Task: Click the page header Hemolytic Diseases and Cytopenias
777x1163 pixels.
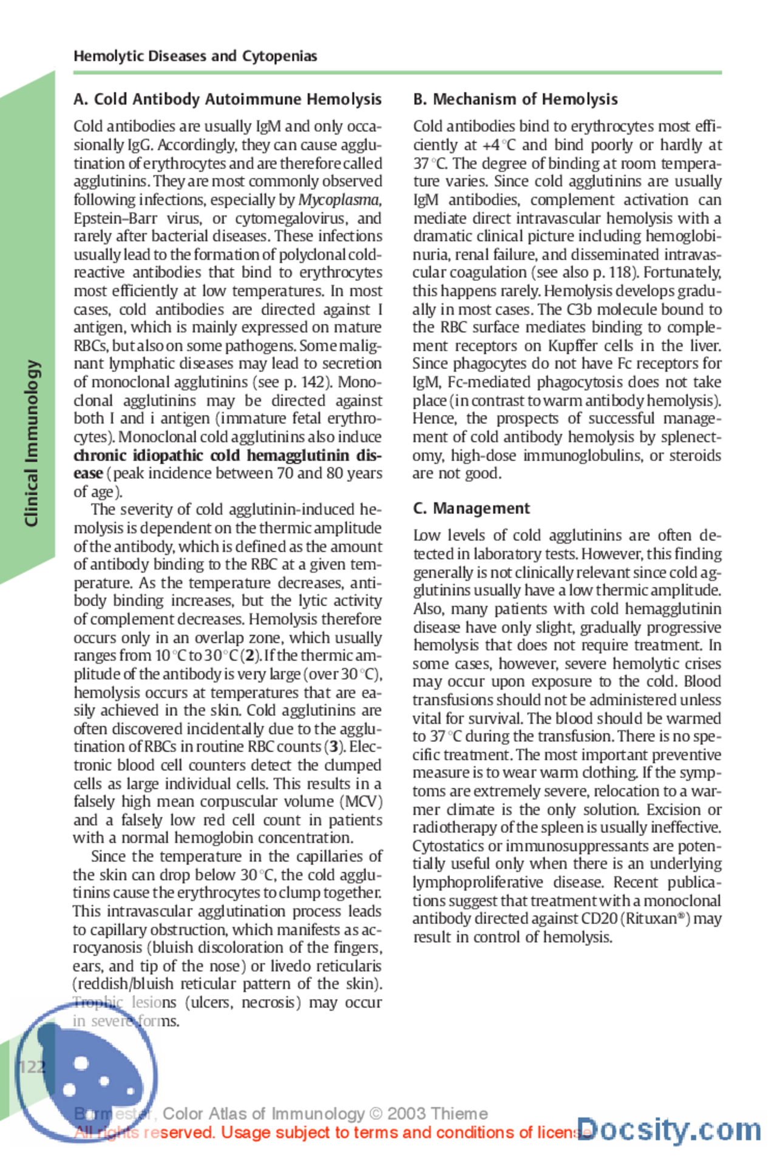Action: tap(195, 56)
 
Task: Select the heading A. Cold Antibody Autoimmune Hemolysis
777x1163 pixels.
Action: tap(227, 99)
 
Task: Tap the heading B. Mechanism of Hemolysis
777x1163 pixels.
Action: tap(515, 99)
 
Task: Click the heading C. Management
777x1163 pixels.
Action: tap(471, 508)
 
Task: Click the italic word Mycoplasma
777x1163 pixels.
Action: tap(339, 200)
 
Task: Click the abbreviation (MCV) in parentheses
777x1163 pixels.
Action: tap(362, 801)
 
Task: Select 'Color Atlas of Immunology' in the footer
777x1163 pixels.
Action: tap(263, 1114)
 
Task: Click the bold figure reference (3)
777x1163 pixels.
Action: tap(334, 747)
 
